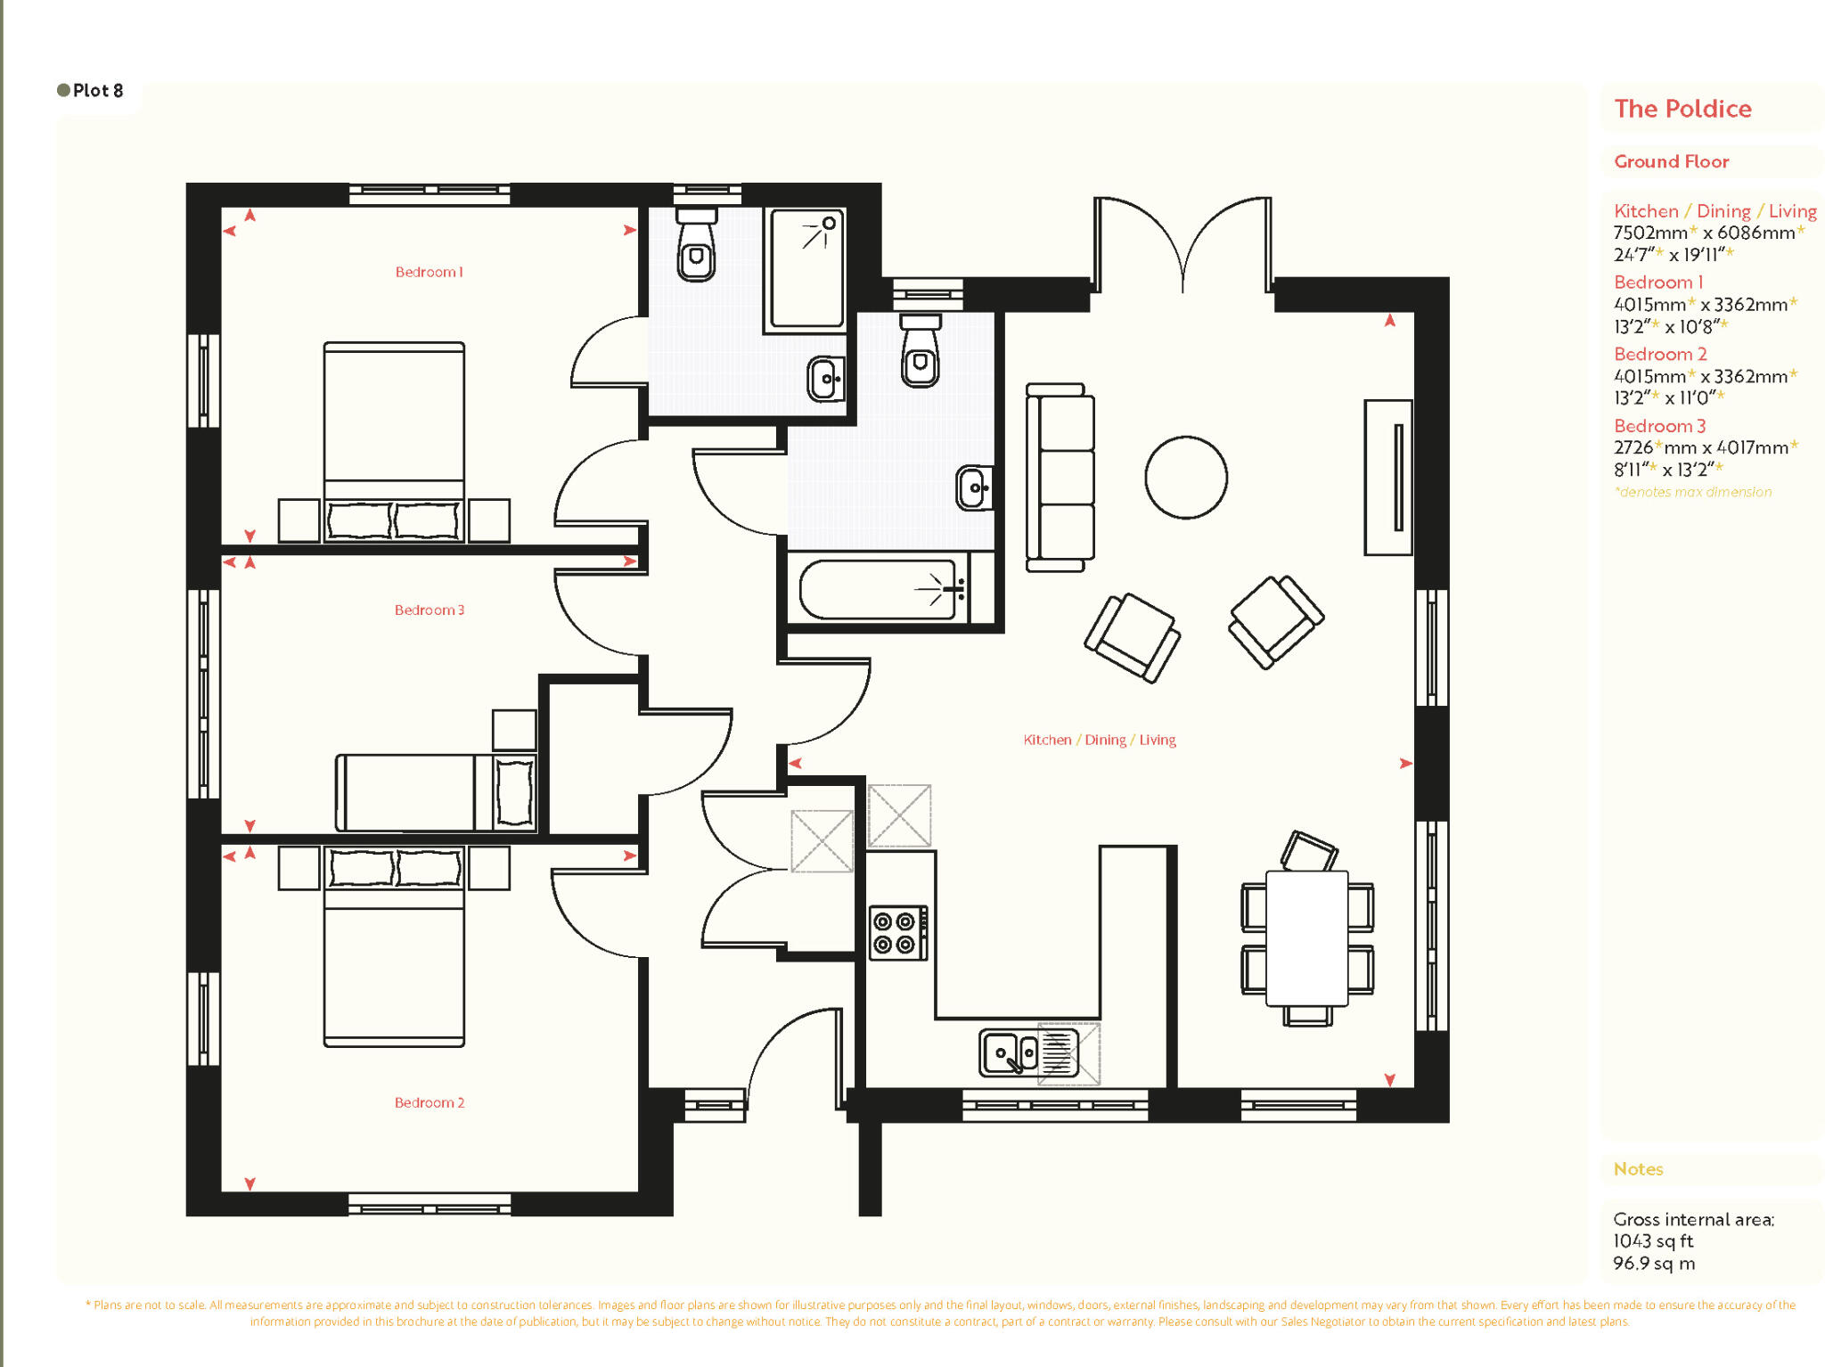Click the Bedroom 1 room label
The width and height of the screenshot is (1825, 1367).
(x=429, y=272)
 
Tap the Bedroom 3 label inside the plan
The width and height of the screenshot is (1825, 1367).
(x=429, y=610)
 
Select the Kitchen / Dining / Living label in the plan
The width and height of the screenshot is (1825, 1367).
(x=1099, y=740)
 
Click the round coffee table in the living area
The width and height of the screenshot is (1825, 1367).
(x=1185, y=478)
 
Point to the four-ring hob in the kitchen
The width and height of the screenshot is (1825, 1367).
(x=896, y=932)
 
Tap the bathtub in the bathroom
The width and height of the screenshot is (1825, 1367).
(x=878, y=589)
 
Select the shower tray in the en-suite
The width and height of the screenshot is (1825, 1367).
(x=806, y=268)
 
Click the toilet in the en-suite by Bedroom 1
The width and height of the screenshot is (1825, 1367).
(x=696, y=247)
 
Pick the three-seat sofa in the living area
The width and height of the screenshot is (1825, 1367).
(x=1060, y=477)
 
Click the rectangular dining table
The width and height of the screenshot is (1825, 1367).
(x=1306, y=937)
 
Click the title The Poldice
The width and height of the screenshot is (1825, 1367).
(x=1682, y=109)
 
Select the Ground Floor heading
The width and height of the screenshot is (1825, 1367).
(x=1671, y=161)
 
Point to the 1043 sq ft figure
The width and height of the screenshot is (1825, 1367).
(x=1652, y=1240)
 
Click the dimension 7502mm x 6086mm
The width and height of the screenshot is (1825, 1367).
(x=1703, y=233)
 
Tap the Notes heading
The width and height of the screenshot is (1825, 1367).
(x=1638, y=1169)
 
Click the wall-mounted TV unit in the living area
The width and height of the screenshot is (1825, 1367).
(x=1388, y=478)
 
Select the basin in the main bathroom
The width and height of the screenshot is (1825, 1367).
(x=974, y=487)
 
